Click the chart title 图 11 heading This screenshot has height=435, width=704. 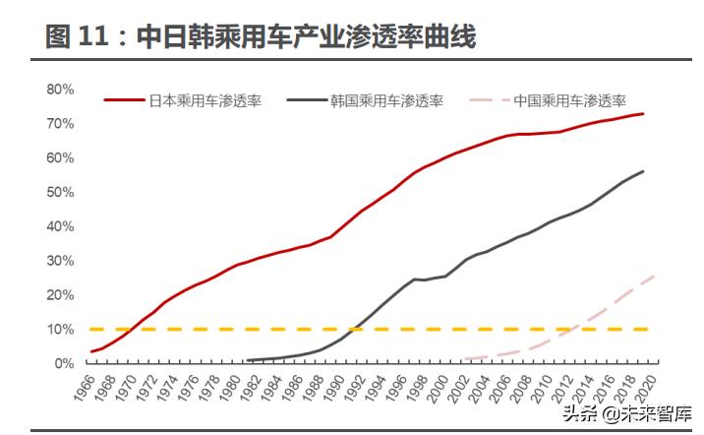261,38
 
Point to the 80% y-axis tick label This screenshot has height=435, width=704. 60,90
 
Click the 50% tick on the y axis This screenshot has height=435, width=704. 60,192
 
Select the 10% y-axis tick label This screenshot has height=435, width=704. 60,329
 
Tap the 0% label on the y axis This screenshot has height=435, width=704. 63,363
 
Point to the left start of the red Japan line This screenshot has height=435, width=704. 91,351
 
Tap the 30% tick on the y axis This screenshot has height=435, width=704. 60,260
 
